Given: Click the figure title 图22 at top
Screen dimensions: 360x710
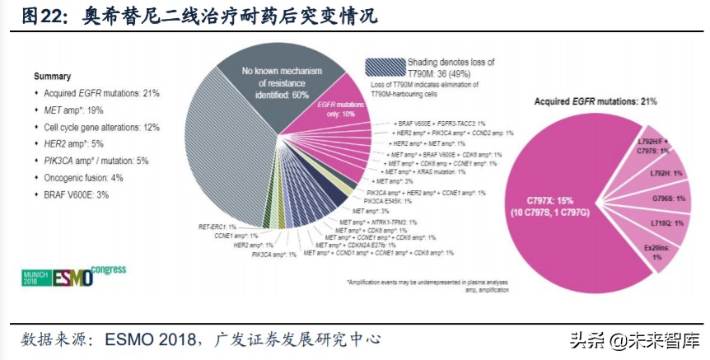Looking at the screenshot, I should (x=41, y=16).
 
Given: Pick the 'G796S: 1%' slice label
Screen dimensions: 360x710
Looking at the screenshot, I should (x=659, y=199).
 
